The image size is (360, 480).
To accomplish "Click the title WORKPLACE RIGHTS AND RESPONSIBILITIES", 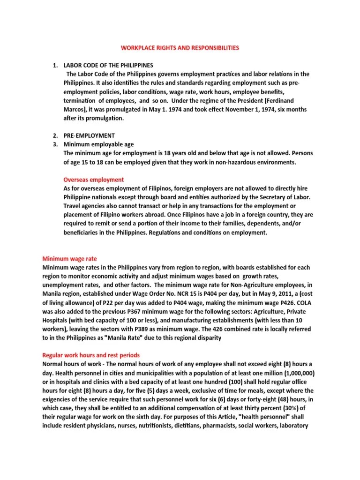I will click(x=180, y=48).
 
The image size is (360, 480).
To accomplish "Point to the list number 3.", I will click(x=54, y=144).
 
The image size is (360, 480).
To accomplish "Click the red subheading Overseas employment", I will click(x=93, y=180).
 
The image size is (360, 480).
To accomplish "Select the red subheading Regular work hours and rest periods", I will click(x=91, y=355).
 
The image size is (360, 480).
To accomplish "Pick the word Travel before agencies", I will click(x=72, y=206).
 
